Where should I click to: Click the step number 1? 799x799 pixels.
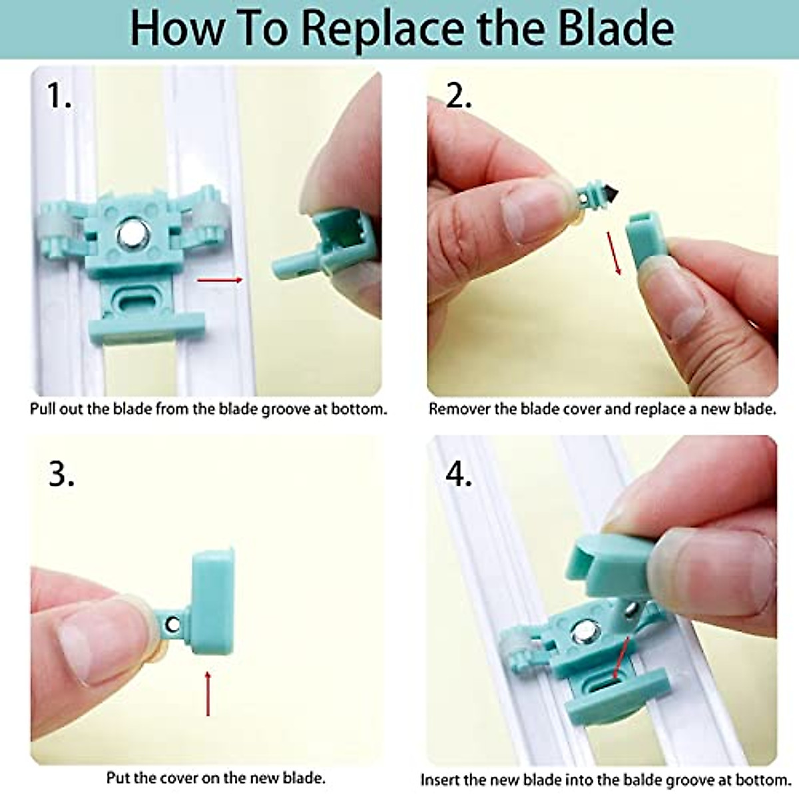[58, 97]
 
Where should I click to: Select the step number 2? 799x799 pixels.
[458, 97]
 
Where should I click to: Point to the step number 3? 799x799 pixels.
[61, 474]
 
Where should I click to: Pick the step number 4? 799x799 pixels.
[458, 474]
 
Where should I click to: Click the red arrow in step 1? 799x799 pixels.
[220, 280]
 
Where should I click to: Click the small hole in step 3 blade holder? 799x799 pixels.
[173, 625]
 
